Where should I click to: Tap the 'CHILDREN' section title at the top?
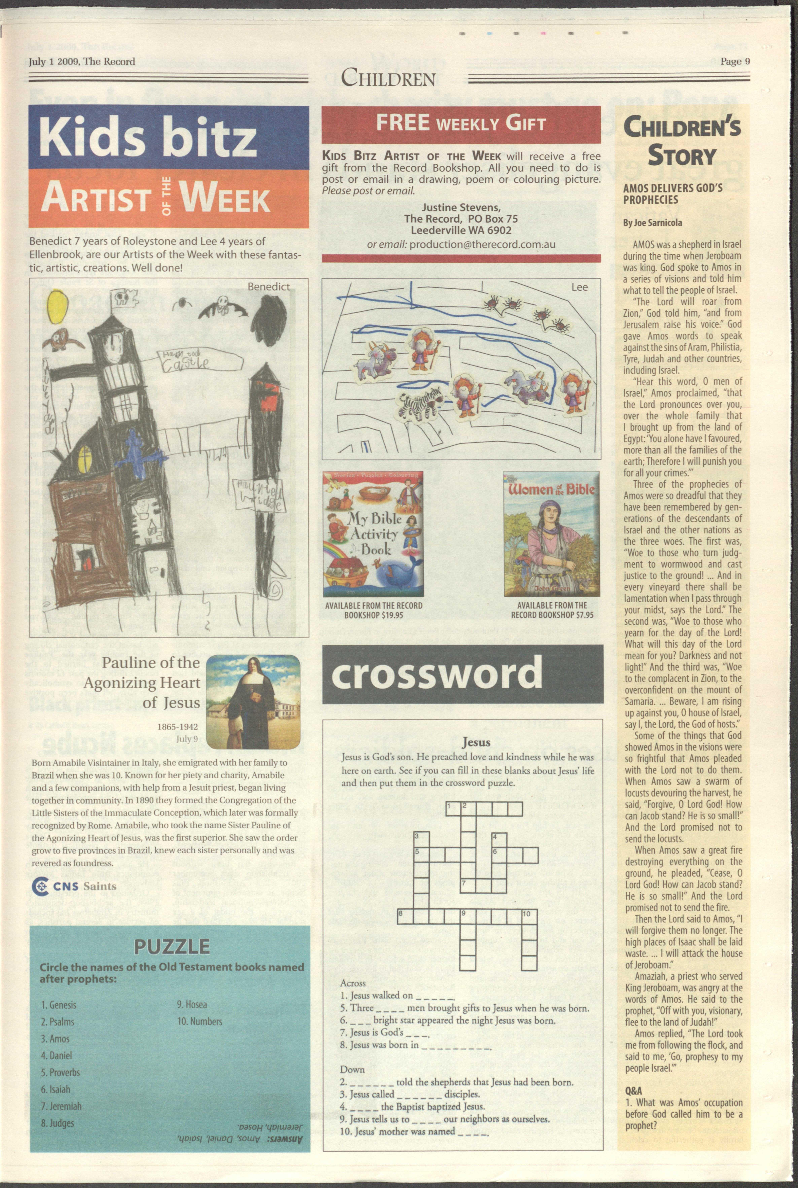[x=388, y=78]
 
